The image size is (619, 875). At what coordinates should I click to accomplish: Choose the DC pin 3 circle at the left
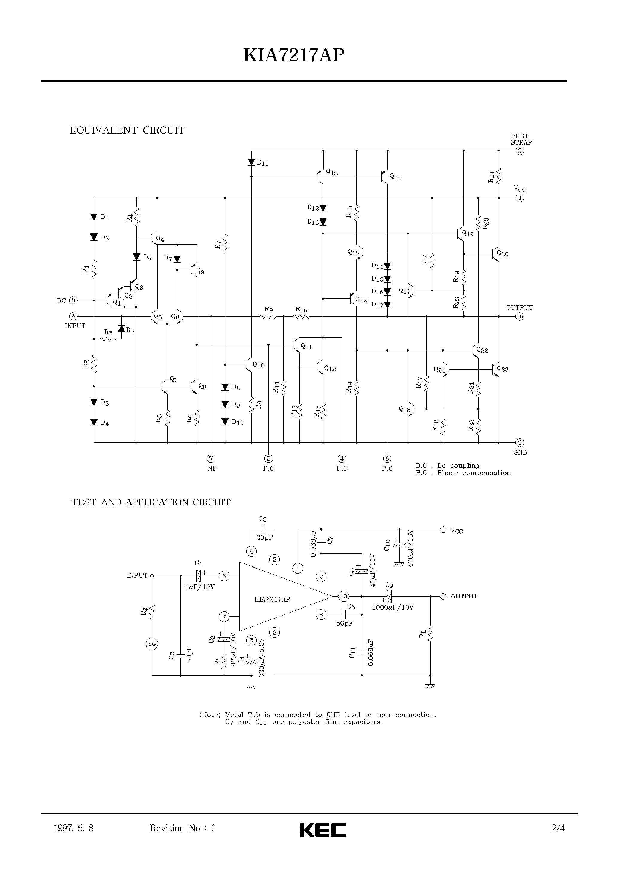pyautogui.click(x=74, y=300)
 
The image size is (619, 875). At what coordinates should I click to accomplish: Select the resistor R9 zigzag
pyautogui.click(x=268, y=316)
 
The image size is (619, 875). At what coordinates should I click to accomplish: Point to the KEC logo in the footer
pyautogui.click(x=323, y=830)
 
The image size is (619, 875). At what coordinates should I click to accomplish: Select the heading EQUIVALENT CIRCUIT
pyautogui.click(x=127, y=130)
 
